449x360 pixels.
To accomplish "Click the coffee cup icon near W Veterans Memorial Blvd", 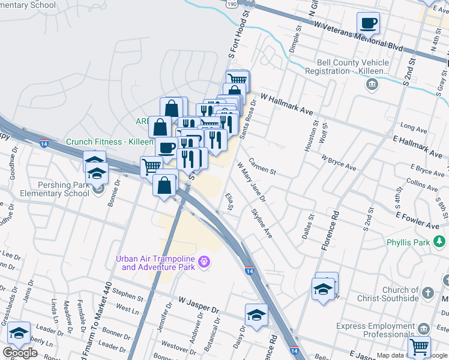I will [x=368, y=23].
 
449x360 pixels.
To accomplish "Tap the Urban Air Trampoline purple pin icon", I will [x=204, y=262].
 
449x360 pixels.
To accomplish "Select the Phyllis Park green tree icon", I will [x=441, y=242].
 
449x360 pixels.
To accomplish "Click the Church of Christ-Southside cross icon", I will [x=427, y=293].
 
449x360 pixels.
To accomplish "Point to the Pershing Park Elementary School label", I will [x=55, y=189].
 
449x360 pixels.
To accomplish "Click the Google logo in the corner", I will [x=20, y=353].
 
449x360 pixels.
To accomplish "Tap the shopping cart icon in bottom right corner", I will [x=419, y=346].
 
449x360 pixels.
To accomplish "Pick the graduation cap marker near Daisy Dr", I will [x=256, y=314].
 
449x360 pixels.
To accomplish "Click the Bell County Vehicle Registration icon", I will [x=372, y=84].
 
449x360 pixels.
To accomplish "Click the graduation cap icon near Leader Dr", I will [x=19, y=332].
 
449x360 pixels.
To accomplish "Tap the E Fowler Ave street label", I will [x=421, y=219].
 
